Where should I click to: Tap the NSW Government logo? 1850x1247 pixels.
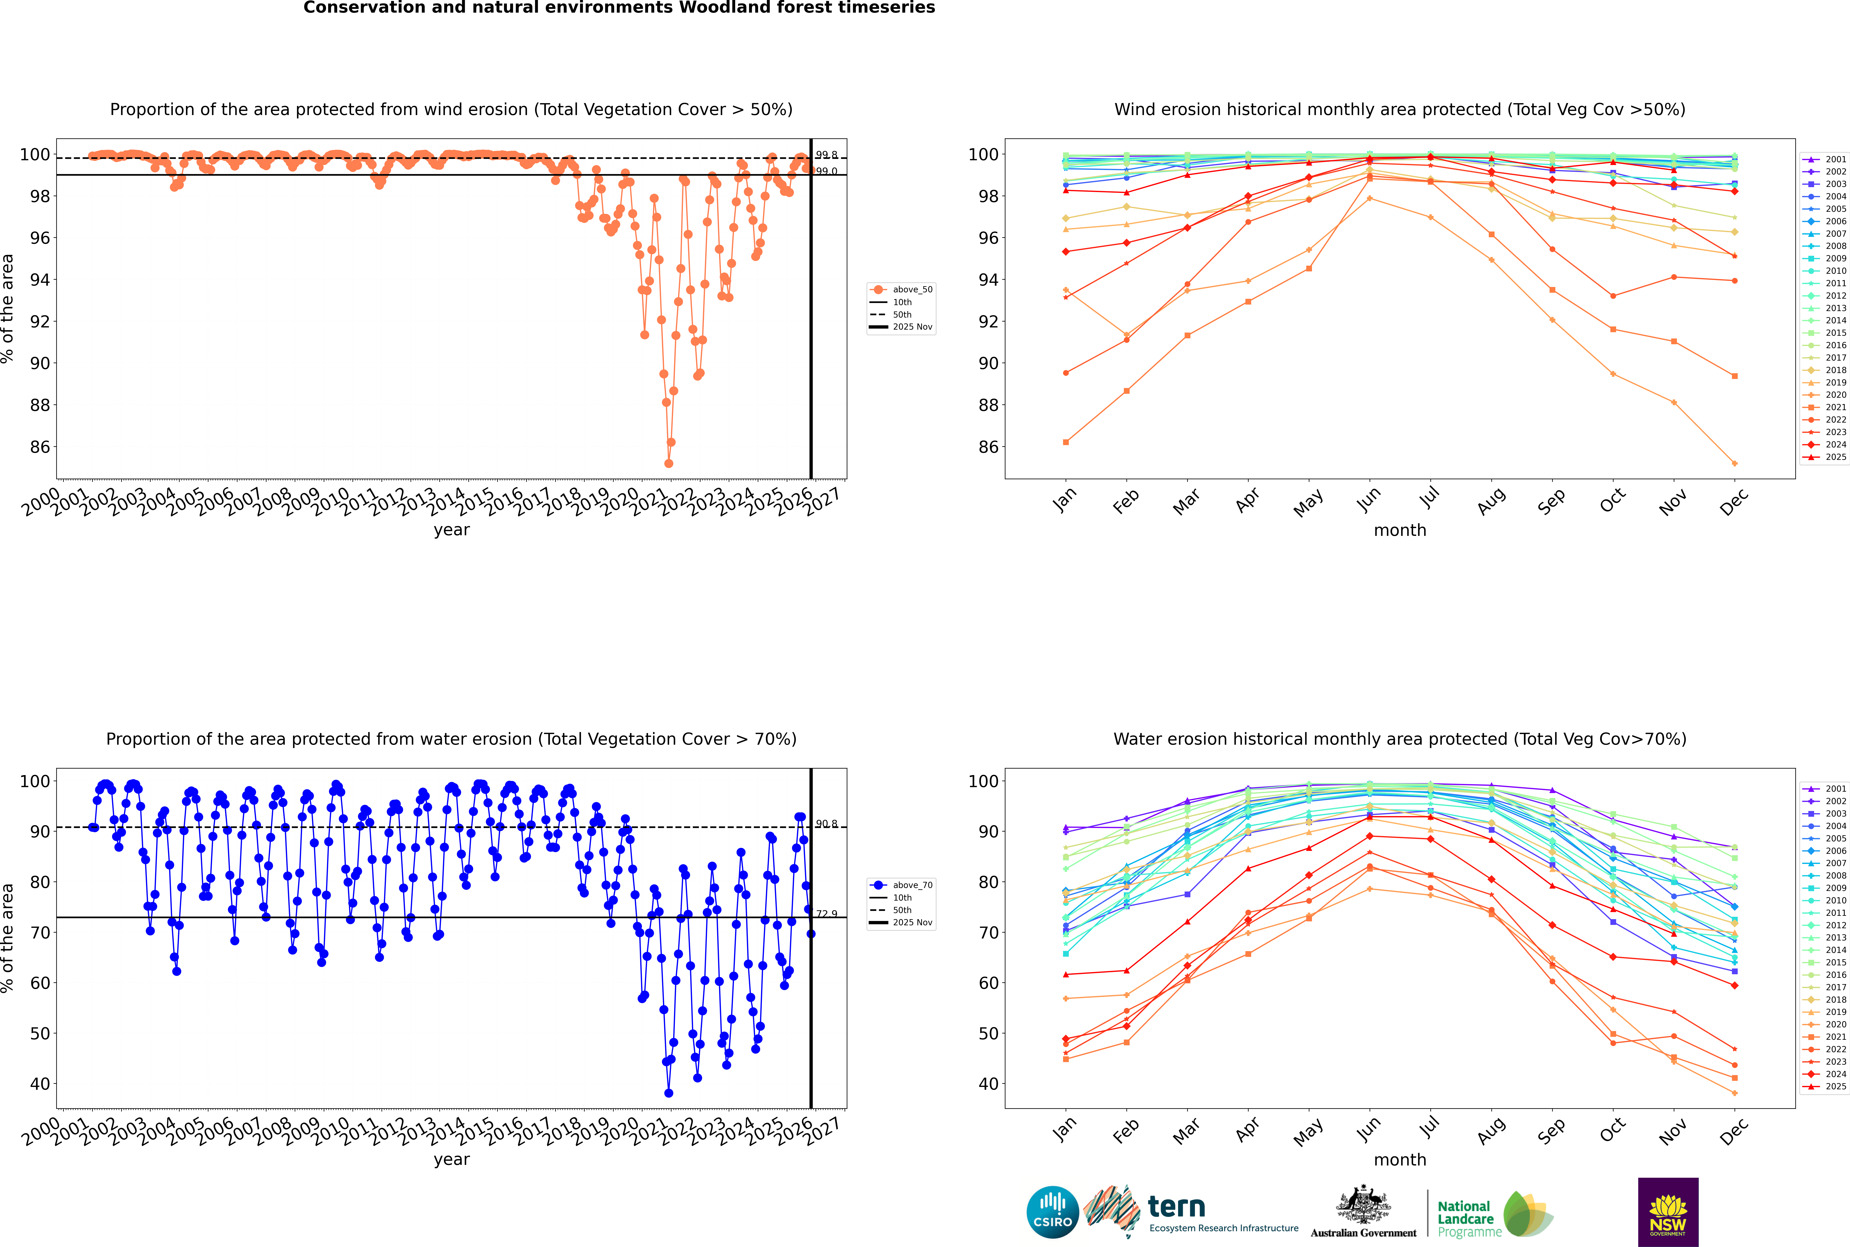click(x=1668, y=1211)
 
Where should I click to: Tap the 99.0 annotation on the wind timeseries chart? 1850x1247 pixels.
click(x=826, y=172)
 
